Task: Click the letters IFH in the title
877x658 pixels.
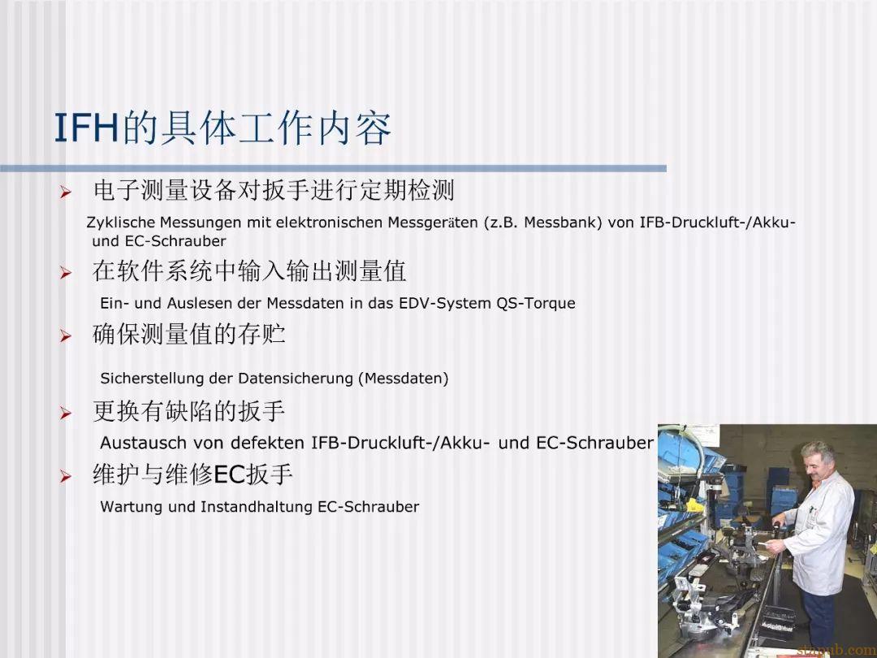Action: click(87, 128)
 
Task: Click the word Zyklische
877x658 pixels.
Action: click(121, 223)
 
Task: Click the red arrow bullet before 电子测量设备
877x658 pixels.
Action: click(66, 193)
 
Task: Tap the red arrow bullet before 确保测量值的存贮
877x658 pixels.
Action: click(66, 336)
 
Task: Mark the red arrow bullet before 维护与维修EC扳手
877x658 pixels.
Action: click(66, 477)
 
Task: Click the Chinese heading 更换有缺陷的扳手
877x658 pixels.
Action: click(189, 411)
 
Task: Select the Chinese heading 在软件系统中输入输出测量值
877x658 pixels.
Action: click(249, 271)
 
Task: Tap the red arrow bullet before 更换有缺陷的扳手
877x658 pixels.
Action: click(66, 413)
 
